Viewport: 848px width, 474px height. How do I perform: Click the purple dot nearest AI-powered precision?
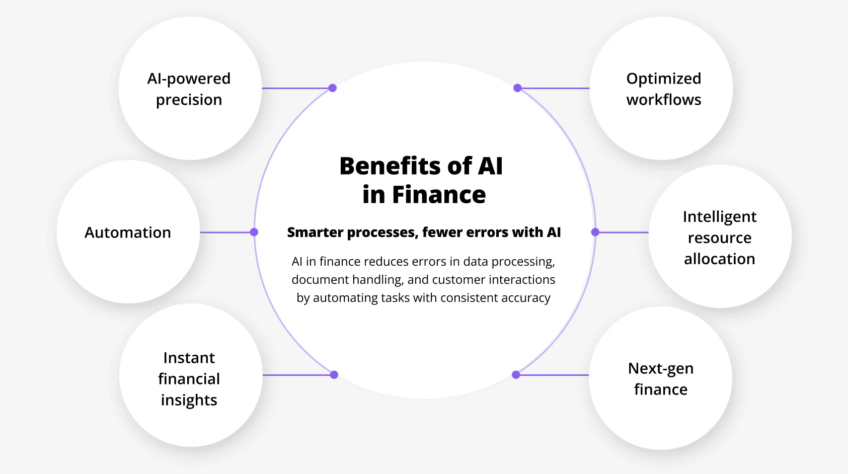tap(333, 88)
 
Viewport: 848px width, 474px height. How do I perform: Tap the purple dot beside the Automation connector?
tap(254, 232)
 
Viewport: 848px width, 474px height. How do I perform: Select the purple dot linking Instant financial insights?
tap(334, 375)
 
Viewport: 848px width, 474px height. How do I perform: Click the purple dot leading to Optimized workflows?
tap(517, 88)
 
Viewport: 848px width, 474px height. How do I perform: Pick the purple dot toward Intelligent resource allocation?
tap(595, 232)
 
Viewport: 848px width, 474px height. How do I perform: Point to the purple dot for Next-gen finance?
tap(516, 375)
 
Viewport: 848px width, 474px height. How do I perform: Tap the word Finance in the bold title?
tap(439, 195)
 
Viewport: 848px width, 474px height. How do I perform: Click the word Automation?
tap(128, 232)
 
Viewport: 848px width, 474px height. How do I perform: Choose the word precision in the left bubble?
tap(189, 100)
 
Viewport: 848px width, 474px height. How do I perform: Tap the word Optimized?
tap(663, 79)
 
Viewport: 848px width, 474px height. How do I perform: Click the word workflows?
tap(663, 100)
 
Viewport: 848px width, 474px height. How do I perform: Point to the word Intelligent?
tap(719, 217)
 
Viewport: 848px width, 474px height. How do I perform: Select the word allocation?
tap(719, 259)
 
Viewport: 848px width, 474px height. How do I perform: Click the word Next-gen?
tap(660, 369)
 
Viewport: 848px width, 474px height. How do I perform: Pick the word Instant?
tap(189, 358)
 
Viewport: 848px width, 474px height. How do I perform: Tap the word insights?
tap(189, 400)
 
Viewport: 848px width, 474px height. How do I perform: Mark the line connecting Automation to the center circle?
tap(226, 232)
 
